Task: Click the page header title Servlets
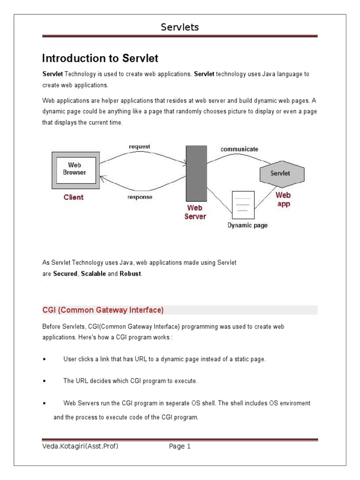click(180, 28)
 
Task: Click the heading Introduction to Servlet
click(100, 59)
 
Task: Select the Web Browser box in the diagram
click(75, 169)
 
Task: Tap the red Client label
click(74, 197)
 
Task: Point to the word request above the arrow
click(140, 147)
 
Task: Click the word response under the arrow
click(140, 197)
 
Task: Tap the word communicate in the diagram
click(239, 149)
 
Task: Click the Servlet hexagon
click(280, 173)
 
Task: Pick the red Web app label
click(283, 199)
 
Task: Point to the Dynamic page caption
click(247, 225)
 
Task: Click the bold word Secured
click(65, 274)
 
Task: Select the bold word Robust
click(130, 274)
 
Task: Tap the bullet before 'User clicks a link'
click(44, 360)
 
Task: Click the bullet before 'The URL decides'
click(44, 382)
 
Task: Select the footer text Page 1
click(180, 447)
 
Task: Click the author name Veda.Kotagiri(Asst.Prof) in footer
click(80, 447)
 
